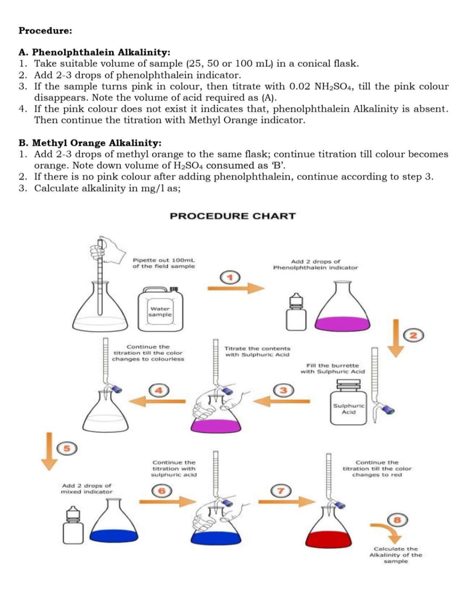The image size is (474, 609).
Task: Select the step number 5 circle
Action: click(x=67, y=448)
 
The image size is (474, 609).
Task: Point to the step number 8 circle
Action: click(x=398, y=520)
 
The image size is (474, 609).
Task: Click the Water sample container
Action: click(x=160, y=309)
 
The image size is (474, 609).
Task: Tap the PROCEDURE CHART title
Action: click(x=233, y=216)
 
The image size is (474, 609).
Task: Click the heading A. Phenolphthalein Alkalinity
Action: click(x=94, y=52)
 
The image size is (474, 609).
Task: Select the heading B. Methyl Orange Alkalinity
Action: click(x=90, y=143)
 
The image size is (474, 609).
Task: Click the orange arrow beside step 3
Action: click(x=282, y=401)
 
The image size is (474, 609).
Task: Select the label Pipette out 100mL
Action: click(x=164, y=263)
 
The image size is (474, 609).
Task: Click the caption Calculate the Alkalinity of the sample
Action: click(x=395, y=555)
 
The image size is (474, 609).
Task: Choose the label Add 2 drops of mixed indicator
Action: click(x=86, y=489)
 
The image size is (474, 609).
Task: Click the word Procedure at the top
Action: click(x=45, y=31)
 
